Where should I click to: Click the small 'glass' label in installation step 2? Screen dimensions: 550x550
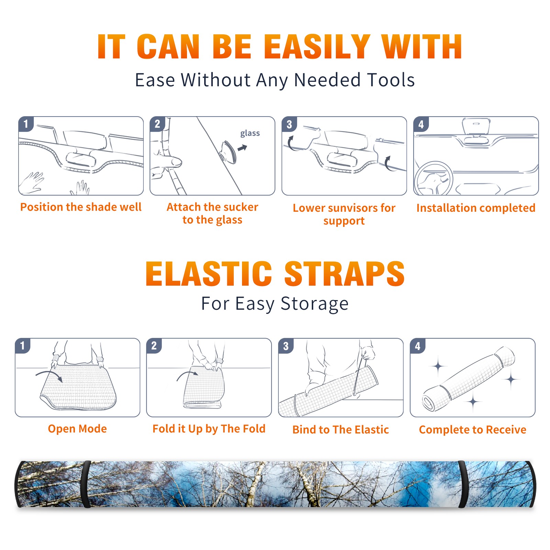point(250,133)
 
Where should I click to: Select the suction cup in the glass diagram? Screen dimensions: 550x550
point(229,152)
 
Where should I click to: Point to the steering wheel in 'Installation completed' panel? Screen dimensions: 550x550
point(433,178)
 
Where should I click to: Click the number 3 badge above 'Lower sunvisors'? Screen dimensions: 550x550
point(289,124)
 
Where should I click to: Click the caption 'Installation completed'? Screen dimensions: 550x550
point(476,208)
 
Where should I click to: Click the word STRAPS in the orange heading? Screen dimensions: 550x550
point(344,274)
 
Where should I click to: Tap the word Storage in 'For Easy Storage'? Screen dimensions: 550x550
point(315,304)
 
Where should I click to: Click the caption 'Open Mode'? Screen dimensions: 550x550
point(77,429)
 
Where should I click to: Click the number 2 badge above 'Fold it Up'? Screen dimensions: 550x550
point(154,345)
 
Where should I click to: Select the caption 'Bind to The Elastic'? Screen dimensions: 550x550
point(341,430)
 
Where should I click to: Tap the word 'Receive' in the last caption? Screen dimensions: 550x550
point(506,430)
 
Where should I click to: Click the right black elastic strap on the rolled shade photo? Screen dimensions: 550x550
point(463,484)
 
